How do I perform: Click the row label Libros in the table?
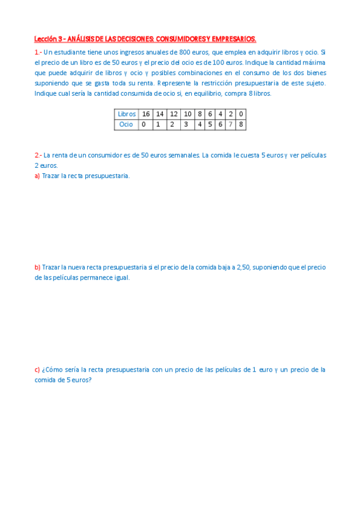coord(127,114)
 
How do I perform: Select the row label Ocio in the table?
coord(126,124)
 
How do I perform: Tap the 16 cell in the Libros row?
coord(146,114)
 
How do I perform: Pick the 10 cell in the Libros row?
coord(187,114)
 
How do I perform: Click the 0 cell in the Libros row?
coord(240,114)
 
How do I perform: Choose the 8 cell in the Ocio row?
coord(240,124)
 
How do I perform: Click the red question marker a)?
coord(37,176)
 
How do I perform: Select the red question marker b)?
coord(37,267)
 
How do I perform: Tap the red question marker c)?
coord(37,370)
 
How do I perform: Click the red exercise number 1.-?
coord(38,52)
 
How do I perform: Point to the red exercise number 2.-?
coord(38,155)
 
